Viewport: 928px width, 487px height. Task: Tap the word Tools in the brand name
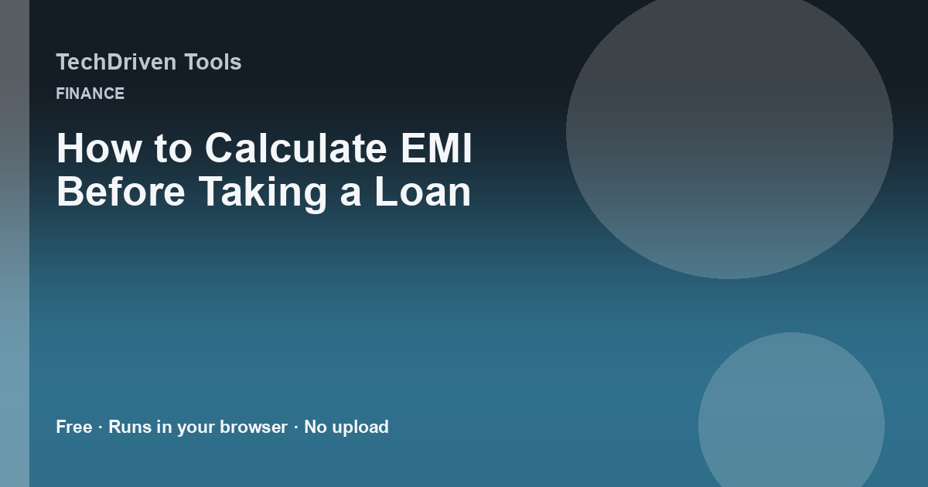pos(213,62)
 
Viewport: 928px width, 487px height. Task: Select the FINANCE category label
pos(90,94)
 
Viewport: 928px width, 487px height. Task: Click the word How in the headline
pos(99,148)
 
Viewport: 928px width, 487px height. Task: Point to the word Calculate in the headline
pos(295,148)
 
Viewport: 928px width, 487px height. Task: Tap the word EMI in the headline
pos(437,148)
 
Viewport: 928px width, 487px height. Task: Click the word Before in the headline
pos(121,192)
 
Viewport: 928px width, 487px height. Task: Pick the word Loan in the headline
pos(423,192)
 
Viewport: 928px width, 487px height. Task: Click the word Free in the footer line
pos(74,427)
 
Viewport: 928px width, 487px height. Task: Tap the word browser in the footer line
pos(254,427)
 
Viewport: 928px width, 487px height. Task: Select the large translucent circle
pos(729,131)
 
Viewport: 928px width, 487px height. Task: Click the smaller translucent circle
pos(791,414)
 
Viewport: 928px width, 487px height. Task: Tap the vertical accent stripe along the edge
pos(15,243)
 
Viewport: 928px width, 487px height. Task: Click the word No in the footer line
pos(316,427)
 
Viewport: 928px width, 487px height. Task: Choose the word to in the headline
pos(173,149)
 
